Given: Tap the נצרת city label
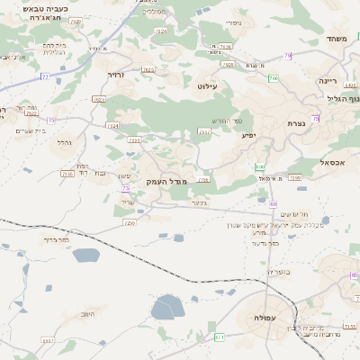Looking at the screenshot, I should (296, 123).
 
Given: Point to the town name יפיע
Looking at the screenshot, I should (249, 135).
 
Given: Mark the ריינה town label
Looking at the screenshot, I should (328, 80).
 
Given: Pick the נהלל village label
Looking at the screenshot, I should (63, 142).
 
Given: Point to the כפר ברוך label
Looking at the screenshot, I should (56, 240).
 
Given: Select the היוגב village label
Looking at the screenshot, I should (87, 313).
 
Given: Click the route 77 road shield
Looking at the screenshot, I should (45, 76).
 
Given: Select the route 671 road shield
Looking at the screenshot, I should (219, 337).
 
